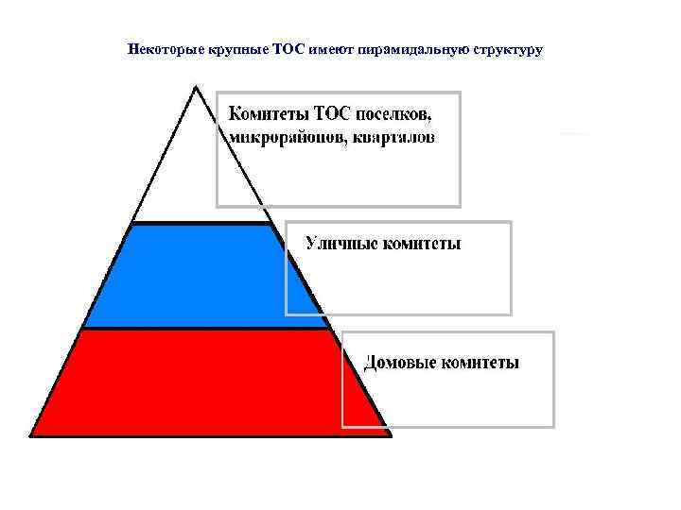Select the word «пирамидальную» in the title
(x=409, y=49)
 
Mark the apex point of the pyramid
(x=195, y=88)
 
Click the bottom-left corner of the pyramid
(x=32, y=434)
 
